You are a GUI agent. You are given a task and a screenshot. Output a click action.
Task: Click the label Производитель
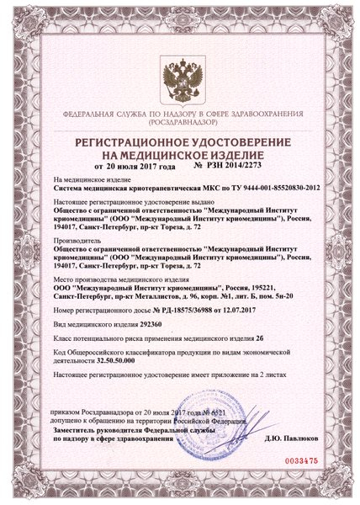click(77, 238)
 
